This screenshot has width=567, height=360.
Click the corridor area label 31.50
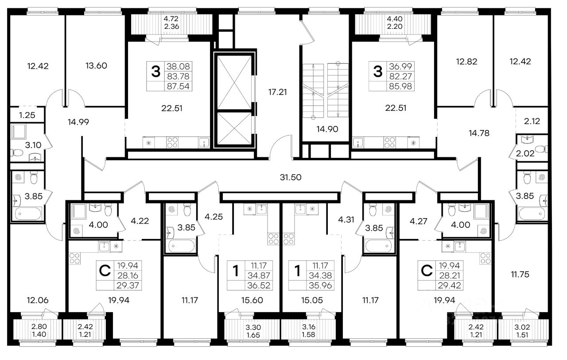pyautogui.click(x=291, y=177)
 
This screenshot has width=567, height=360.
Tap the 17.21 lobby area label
pyautogui.click(x=278, y=92)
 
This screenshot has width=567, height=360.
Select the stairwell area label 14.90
pyautogui.click(x=327, y=129)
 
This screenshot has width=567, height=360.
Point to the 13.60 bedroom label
pyautogui.click(x=96, y=66)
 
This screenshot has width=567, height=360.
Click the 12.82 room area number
pyautogui.click(x=466, y=62)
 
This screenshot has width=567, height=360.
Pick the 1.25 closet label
pyautogui.click(x=27, y=115)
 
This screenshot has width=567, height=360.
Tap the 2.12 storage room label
pyautogui.click(x=532, y=121)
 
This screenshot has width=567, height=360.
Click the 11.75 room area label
pyautogui.click(x=520, y=274)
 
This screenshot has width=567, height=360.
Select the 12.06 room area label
pyautogui.click(x=38, y=300)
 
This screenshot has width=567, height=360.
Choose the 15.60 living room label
pyautogui.click(x=252, y=300)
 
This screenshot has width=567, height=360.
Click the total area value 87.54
pyautogui.click(x=178, y=86)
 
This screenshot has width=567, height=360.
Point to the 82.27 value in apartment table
pyautogui.click(x=400, y=76)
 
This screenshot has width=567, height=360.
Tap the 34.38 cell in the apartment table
pyautogui.click(x=320, y=275)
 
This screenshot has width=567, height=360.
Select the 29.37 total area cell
pyautogui.click(x=128, y=286)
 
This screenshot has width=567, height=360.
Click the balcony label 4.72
pyautogui.click(x=171, y=19)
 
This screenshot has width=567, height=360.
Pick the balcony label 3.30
pyautogui.click(x=253, y=327)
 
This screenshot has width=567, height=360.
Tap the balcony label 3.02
pyautogui.click(x=522, y=327)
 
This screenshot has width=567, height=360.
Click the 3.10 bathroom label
pyautogui.click(x=33, y=145)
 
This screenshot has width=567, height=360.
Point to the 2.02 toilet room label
pyautogui.click(x=525, y=153)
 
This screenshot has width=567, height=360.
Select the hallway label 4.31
pyautogui.click(x=346, y=219)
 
